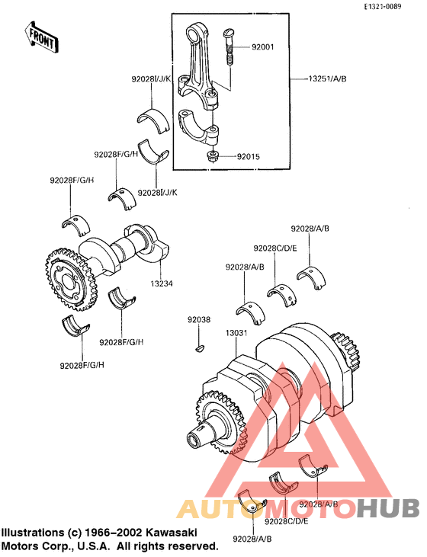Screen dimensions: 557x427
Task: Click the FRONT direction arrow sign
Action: point(42,37)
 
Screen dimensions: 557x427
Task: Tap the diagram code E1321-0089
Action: point(392,6)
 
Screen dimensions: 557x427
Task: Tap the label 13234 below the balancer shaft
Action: point(161,283)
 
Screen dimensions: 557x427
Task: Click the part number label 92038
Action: point(201,321)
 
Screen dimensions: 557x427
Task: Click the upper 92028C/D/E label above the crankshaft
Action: point(276,248)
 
